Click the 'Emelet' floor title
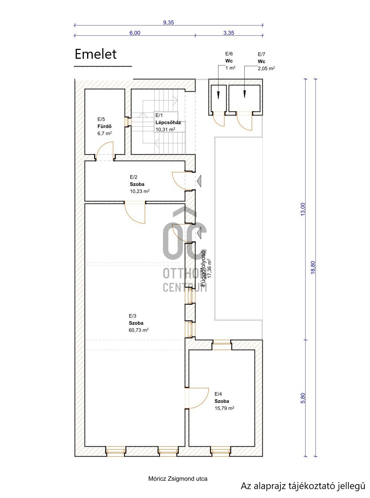(96, 54)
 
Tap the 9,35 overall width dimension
(169, 22)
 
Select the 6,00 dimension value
(135, 33)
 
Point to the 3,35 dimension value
(229, 33)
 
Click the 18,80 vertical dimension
(313, 268)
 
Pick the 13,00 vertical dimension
(303, 209)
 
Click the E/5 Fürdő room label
(104, 126)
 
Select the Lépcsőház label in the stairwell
(168, 122)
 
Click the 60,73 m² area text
(138, 330)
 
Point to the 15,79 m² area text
(224, 408)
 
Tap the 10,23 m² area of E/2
(140, 191)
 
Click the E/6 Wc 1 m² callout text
(230, 61)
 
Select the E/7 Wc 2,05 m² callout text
(266, 61)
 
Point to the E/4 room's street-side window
(220, 451)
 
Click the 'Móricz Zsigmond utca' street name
(178, 479)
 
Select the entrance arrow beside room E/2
(199, 181)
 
